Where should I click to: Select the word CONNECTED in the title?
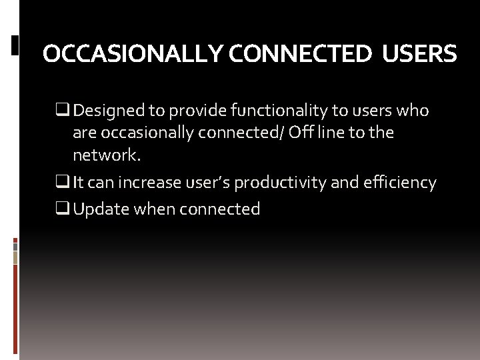pos(299,54)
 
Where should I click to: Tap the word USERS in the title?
pos(419,54)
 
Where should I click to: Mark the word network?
pos(107,155)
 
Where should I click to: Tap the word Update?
pos(101,209)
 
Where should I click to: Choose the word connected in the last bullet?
pos(219,209)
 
